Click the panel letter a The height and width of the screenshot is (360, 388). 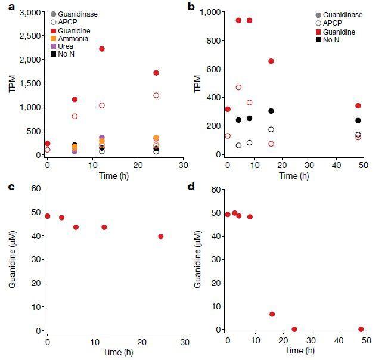pos(5,7)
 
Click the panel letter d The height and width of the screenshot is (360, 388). pos(191,187)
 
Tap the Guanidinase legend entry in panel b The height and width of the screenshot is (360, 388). pos(341,15)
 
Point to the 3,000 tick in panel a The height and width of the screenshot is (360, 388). pos(30,13)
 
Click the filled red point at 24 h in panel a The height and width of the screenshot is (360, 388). pos(156,73)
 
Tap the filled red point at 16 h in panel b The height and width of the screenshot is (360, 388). pos(271,61)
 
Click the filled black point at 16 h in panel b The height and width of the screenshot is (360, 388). pos(271,111)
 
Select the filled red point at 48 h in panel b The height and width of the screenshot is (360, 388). pos(358,105)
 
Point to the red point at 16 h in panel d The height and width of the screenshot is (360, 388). pos(272,314)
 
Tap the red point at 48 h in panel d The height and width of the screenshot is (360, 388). pos(361,329)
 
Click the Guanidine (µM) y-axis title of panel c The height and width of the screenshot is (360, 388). pos(11,260)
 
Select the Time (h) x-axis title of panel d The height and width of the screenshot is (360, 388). pos(294,350)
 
